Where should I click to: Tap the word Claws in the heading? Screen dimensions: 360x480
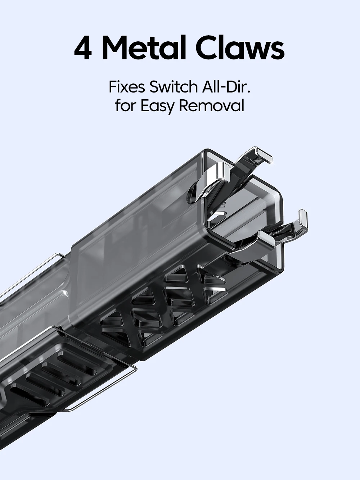tap(240, 47)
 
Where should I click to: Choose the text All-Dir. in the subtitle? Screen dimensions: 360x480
tap(226, 87)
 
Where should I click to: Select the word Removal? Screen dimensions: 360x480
tap(211, 105)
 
